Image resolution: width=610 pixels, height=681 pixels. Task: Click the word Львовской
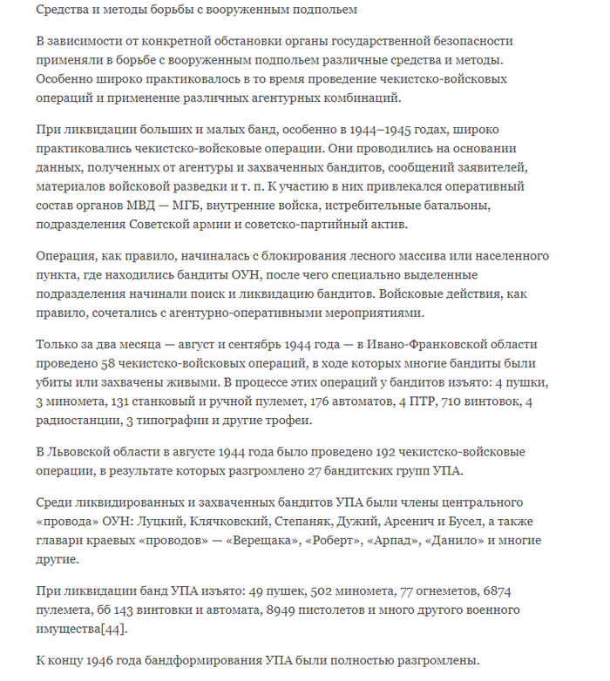coord(85,452)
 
